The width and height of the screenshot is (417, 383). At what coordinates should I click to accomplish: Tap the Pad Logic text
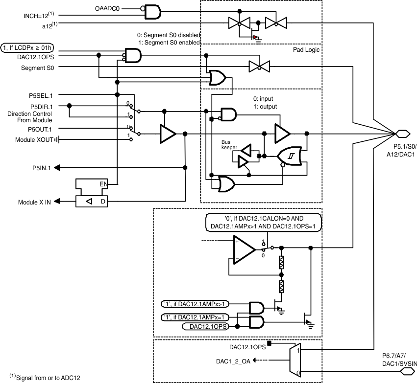click(304, 50)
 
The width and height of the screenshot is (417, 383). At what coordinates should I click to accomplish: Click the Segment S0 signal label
click(37, 68)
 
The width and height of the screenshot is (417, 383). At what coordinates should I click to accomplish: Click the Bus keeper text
click(229, 144)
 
